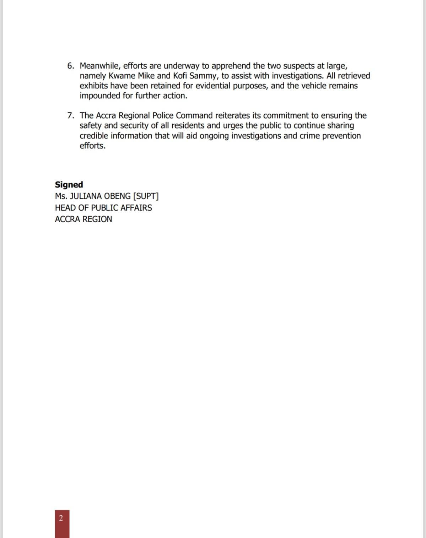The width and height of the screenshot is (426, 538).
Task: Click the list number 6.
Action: [x=70, y=66]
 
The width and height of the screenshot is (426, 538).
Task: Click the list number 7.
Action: [x=70, y=116]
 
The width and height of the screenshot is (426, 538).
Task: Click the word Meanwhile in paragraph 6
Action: [x=99, y=66]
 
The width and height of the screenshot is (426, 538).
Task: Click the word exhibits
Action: [x=93, y=86]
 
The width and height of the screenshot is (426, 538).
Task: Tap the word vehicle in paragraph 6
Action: [x=313, y=86]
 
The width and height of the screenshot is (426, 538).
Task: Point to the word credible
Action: [x=93, y=136]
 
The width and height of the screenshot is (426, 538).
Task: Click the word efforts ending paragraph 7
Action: [x=92, y=146]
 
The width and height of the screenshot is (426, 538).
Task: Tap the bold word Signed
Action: [x=69, y=185]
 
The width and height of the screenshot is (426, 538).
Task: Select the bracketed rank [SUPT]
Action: [x=146, y=196]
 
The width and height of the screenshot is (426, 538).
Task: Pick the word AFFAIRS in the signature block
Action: [x=136, y=208]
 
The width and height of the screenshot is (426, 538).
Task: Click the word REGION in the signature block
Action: [x=97, y=219]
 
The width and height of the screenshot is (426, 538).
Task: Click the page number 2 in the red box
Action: [x=61, y=518]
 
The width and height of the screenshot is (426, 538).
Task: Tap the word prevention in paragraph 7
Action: [x=341, y=136]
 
